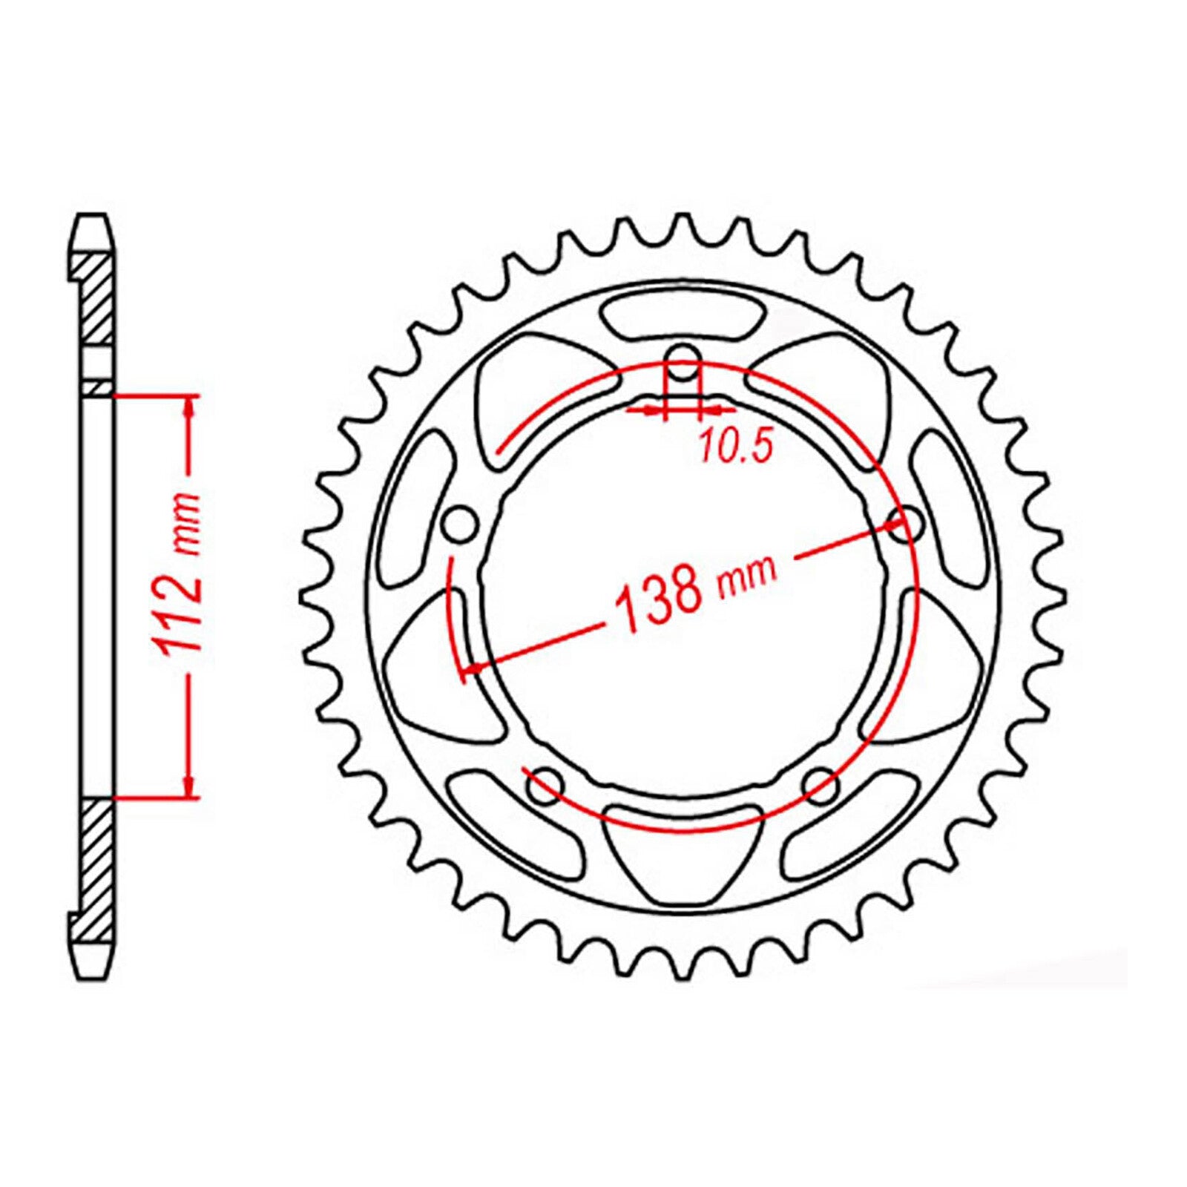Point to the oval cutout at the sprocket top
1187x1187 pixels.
(683, 317)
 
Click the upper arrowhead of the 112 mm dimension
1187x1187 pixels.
(191, 405)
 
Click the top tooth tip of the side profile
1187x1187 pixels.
(93, 219)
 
